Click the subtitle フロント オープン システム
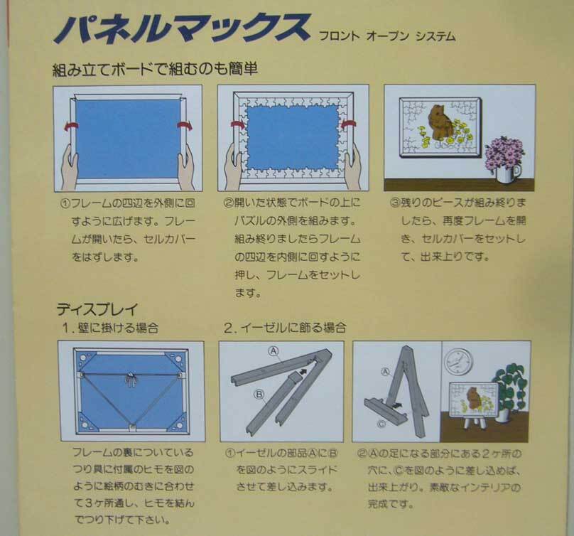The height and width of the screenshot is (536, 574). point(387,36)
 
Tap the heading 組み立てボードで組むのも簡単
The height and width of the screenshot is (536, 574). point(155,69)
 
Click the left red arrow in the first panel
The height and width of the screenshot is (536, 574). point(71,127)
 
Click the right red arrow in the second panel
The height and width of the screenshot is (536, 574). point(348,125)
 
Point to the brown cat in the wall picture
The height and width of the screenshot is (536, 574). point(441,122)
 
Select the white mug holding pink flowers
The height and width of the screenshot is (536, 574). point(507,172)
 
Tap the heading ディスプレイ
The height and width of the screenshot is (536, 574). point(97,309)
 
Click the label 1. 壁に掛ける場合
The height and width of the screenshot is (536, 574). point(110,327)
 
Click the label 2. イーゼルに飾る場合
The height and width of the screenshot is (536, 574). point(285,327)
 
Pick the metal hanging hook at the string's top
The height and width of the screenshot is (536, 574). point(131,379)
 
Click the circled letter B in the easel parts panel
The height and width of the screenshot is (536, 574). point(259,395)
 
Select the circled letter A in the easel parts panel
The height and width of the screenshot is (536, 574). point(274,352)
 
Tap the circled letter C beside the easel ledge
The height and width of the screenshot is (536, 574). point(381,424)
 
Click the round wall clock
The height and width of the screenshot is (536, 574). point(458,361)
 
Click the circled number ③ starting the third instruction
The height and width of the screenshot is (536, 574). point(395,203)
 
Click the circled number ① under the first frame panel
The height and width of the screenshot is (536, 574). point(65,203)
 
